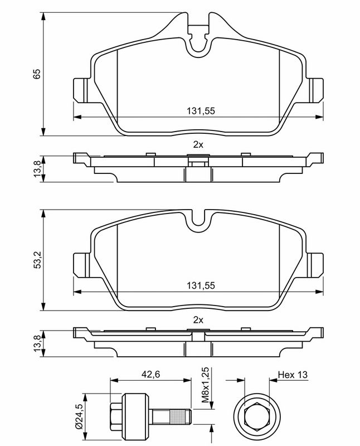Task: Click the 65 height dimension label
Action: (37, 74)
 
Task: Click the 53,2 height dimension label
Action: (37, 260)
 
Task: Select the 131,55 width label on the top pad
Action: (201, 111)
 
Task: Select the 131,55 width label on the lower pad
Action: (201, 285)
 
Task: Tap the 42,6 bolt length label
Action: (150, 375)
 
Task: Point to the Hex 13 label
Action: (293, 375)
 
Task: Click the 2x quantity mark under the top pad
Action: (198, 145)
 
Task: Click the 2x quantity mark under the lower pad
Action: (198, 320)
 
